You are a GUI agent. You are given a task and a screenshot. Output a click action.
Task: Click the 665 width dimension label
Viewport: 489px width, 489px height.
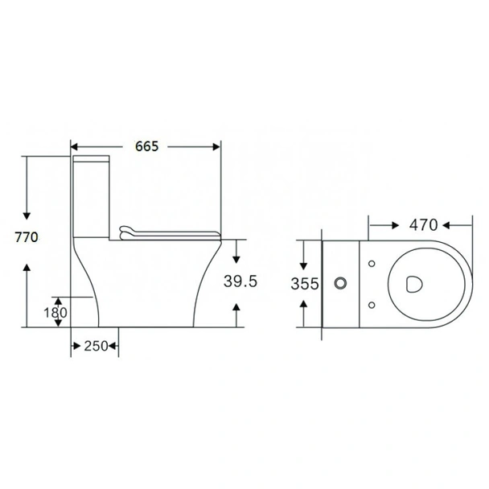(146, 146)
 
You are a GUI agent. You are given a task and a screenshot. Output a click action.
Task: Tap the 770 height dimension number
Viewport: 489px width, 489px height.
(27, 237)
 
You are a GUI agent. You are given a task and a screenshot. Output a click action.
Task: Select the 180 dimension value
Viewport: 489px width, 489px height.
(55, 313)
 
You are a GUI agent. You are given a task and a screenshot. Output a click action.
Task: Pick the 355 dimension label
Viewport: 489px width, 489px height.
(306, 283)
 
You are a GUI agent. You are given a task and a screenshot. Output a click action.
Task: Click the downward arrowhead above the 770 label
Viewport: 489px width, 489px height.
(27, 215)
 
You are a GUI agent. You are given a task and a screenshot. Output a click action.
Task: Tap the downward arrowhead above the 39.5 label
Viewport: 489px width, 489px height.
(237, 258)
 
